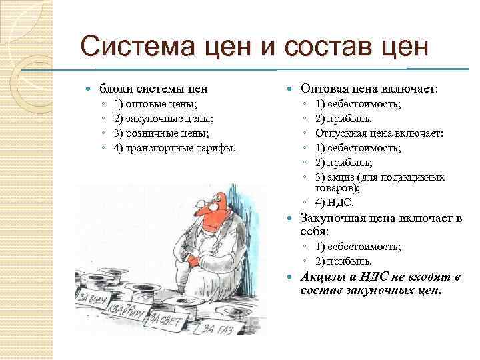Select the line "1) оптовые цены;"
pos(155,105)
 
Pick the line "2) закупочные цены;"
pos(164,119)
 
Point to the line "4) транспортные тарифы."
pos(175,147)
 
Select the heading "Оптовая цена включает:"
pos(369,88)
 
